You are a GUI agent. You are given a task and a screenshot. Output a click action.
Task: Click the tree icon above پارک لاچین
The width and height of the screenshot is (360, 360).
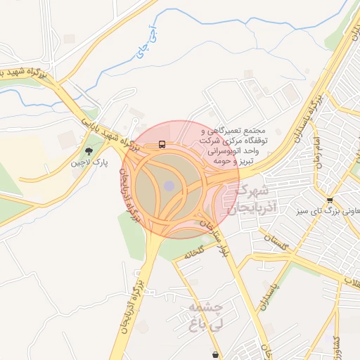(x=88, y=150)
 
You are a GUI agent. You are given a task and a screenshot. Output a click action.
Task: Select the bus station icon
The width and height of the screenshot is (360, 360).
(x=162, y=145)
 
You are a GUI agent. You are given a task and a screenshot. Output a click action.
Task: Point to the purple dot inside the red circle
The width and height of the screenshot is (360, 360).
(x=169, y=186)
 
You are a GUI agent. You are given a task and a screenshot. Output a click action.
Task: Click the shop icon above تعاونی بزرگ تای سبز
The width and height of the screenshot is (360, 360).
(x=330, y=200)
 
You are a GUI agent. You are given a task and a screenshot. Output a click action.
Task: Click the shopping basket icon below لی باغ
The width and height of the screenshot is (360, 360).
(x=214, y=355)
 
